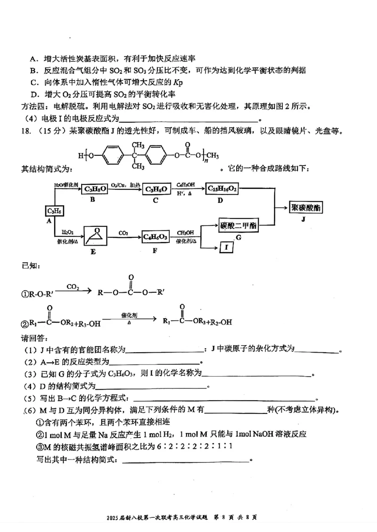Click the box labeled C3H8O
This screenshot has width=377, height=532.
[94, 189]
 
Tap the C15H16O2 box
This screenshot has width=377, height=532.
[222, 189]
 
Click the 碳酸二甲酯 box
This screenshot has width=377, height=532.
[238, 226]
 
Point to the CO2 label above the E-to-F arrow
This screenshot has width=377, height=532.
[123, 232]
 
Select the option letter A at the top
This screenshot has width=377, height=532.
[33, 59]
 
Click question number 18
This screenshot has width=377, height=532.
[27, 131]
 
